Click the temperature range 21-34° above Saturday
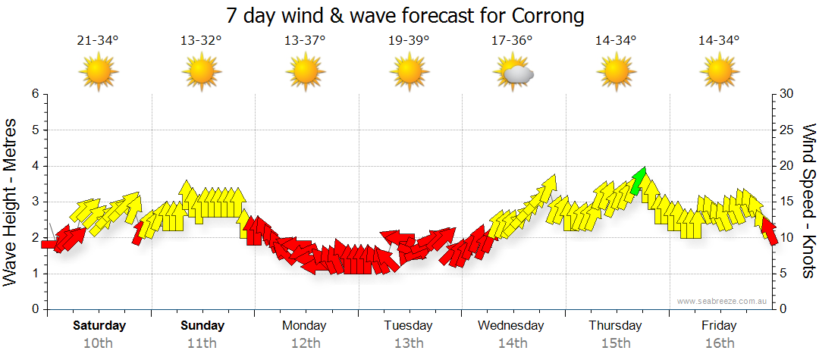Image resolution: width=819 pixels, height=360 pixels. (x=98, y=40)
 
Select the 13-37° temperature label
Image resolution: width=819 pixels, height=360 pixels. (x=305, y=40)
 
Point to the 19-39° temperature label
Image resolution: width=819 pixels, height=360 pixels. (x=409, y=40)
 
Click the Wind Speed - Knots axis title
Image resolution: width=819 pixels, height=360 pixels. (x=808, y=201)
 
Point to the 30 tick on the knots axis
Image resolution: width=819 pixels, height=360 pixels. (x=787, y=94)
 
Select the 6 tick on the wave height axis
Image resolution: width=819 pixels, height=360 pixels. (x=35, y=94)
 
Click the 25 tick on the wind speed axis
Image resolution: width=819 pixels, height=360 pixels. (x=787, y=130)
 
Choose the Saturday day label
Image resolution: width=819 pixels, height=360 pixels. (x=99, y=326)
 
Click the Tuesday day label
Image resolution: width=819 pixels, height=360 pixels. (x=408, y=326)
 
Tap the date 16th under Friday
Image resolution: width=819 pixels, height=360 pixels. (x=719, y=343)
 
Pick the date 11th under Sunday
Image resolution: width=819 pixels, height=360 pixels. (x=202, y=343)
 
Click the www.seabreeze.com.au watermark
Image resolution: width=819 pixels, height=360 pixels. (x=723, y=301)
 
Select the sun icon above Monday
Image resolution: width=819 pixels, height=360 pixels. (x=305, y=73)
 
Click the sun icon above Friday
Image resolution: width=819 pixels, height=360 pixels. (x=719, y=73)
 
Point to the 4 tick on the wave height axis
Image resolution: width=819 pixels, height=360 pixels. (x=35, y=166)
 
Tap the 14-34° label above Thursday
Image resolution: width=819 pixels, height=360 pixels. (x=615, y=40)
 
